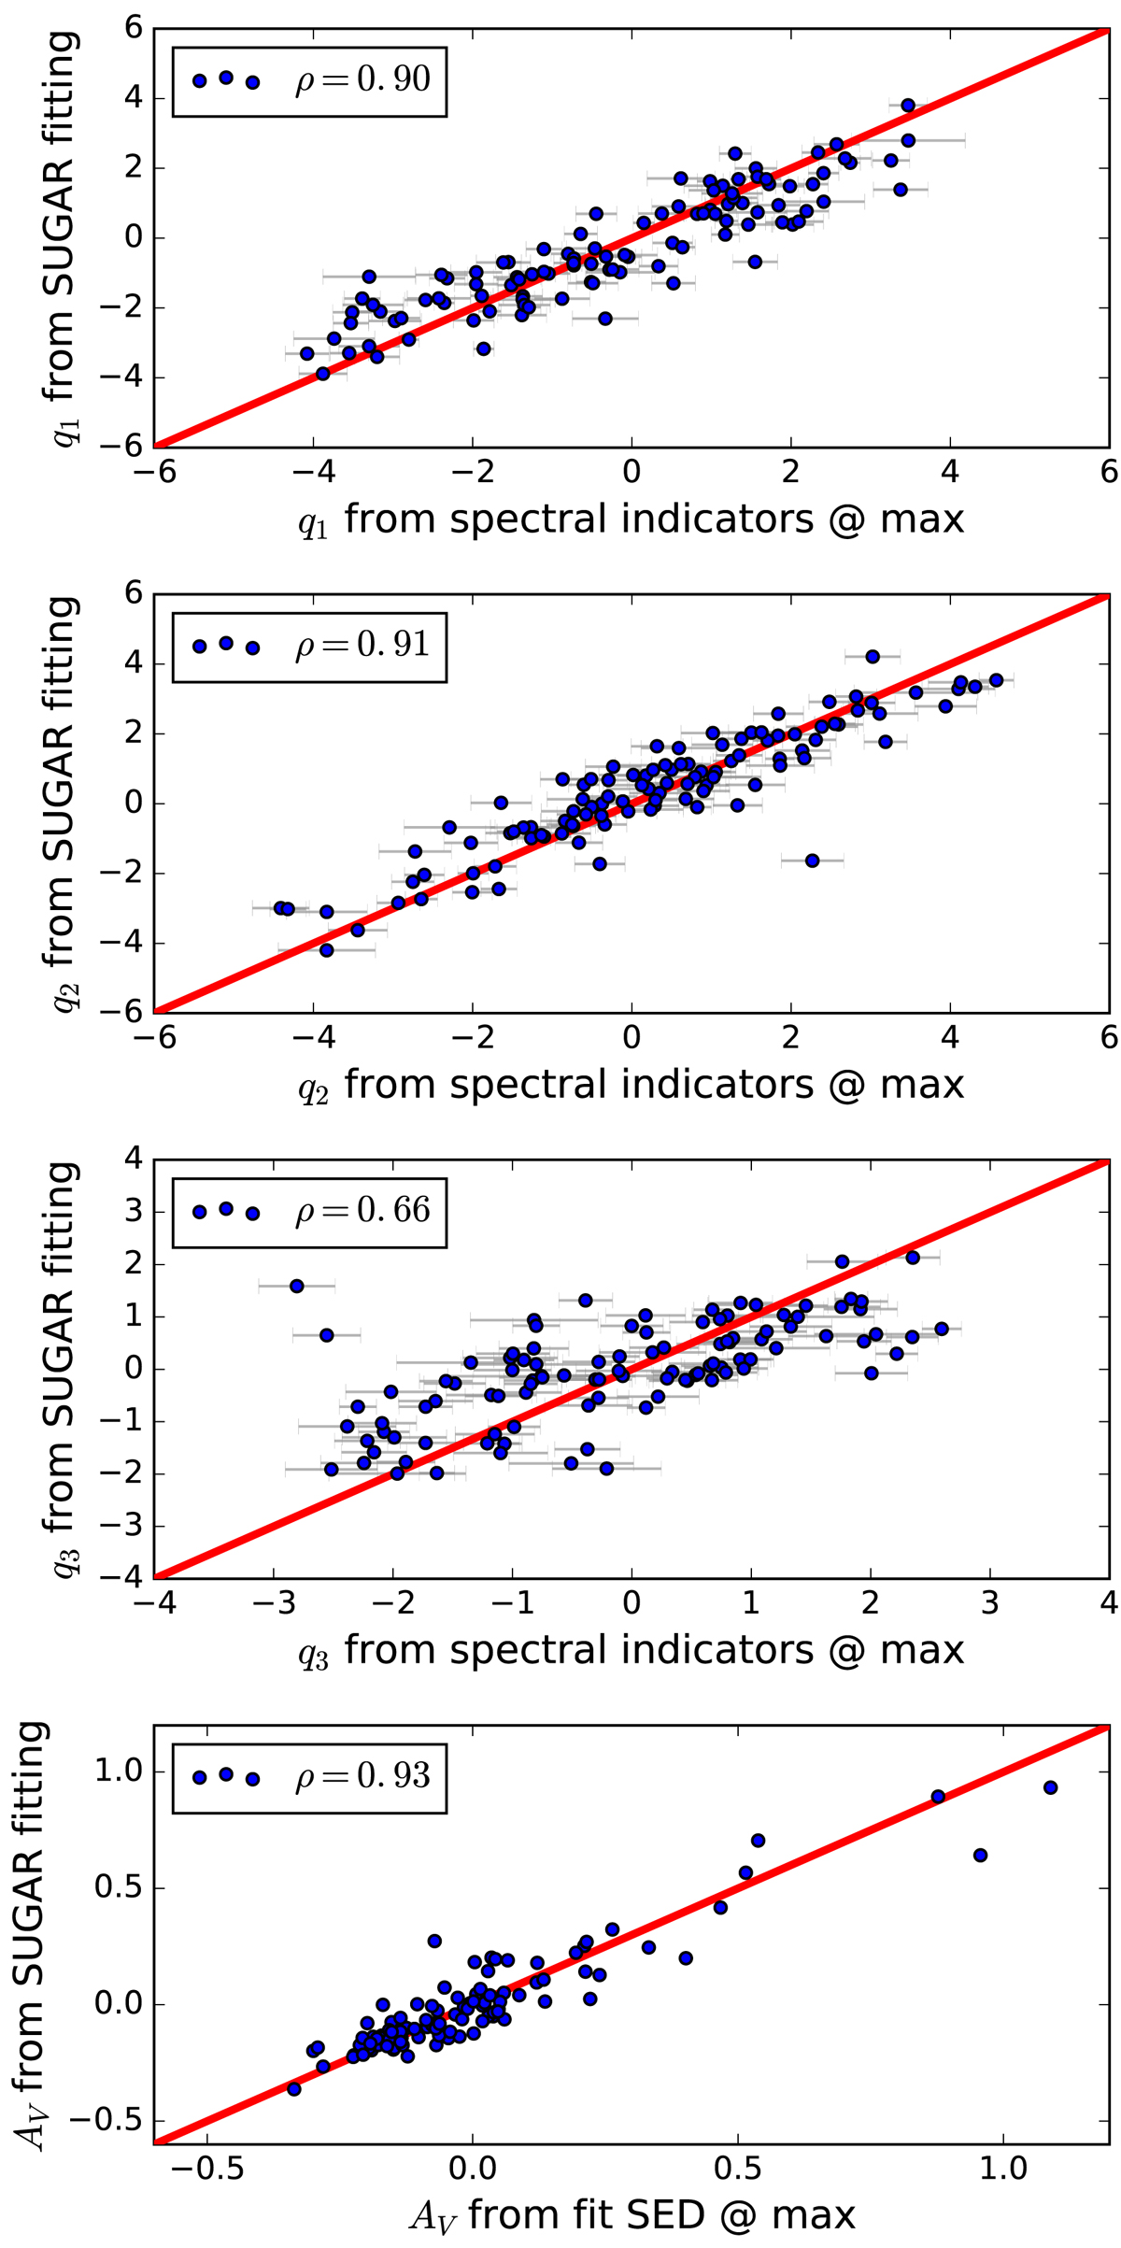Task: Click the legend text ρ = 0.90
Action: pyautogui.click(x=362, y=79)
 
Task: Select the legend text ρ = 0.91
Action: pyautogui.click(x=362, y=645)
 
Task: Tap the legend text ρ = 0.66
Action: pyautogui.click(x=362, y=1211)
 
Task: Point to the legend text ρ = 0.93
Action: pyautogui.click(x=362, y=1776)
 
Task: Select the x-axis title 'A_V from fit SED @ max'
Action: pyautogui.click(x=631, y=2216)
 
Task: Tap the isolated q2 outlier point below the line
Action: pyautogui.click(x=812, y=860)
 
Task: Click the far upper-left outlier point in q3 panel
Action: pyautogui.click(x=297, y=1287)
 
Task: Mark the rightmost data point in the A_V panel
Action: pyautogui.click(x=1050, y=1787)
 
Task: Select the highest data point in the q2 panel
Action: pyautogui.click(x=873, y=657)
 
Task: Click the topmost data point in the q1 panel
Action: pyautogui.click(x=908, y=106)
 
